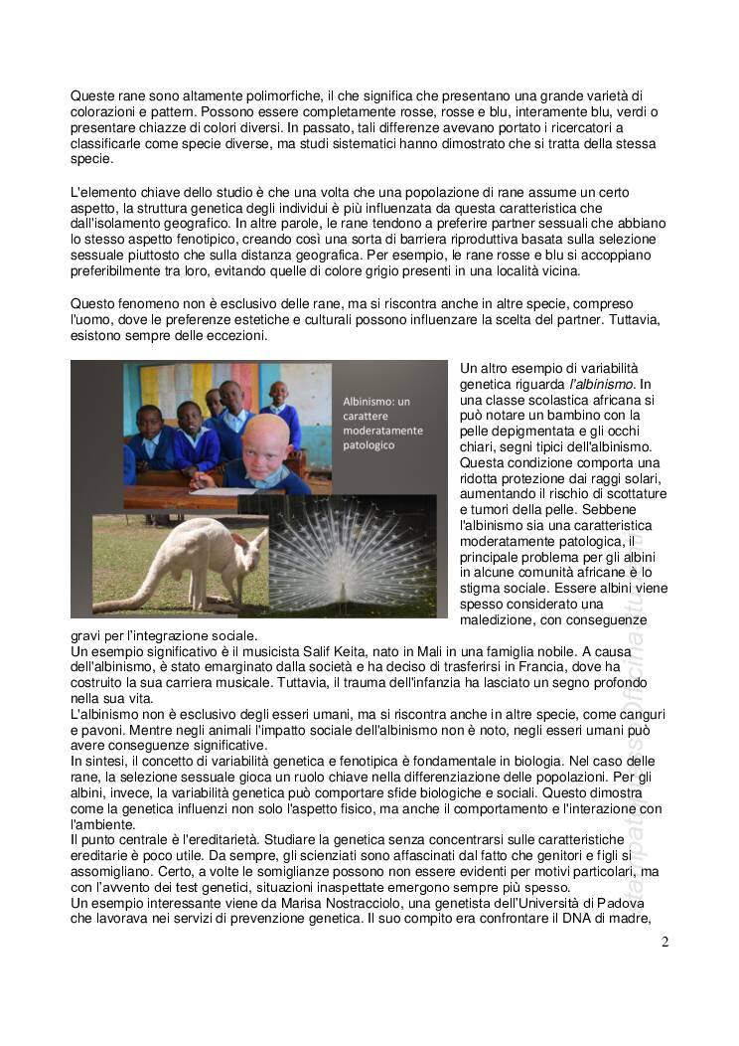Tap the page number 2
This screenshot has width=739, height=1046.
(665, 942)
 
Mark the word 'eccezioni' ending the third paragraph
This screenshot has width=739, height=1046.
(237, 337)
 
